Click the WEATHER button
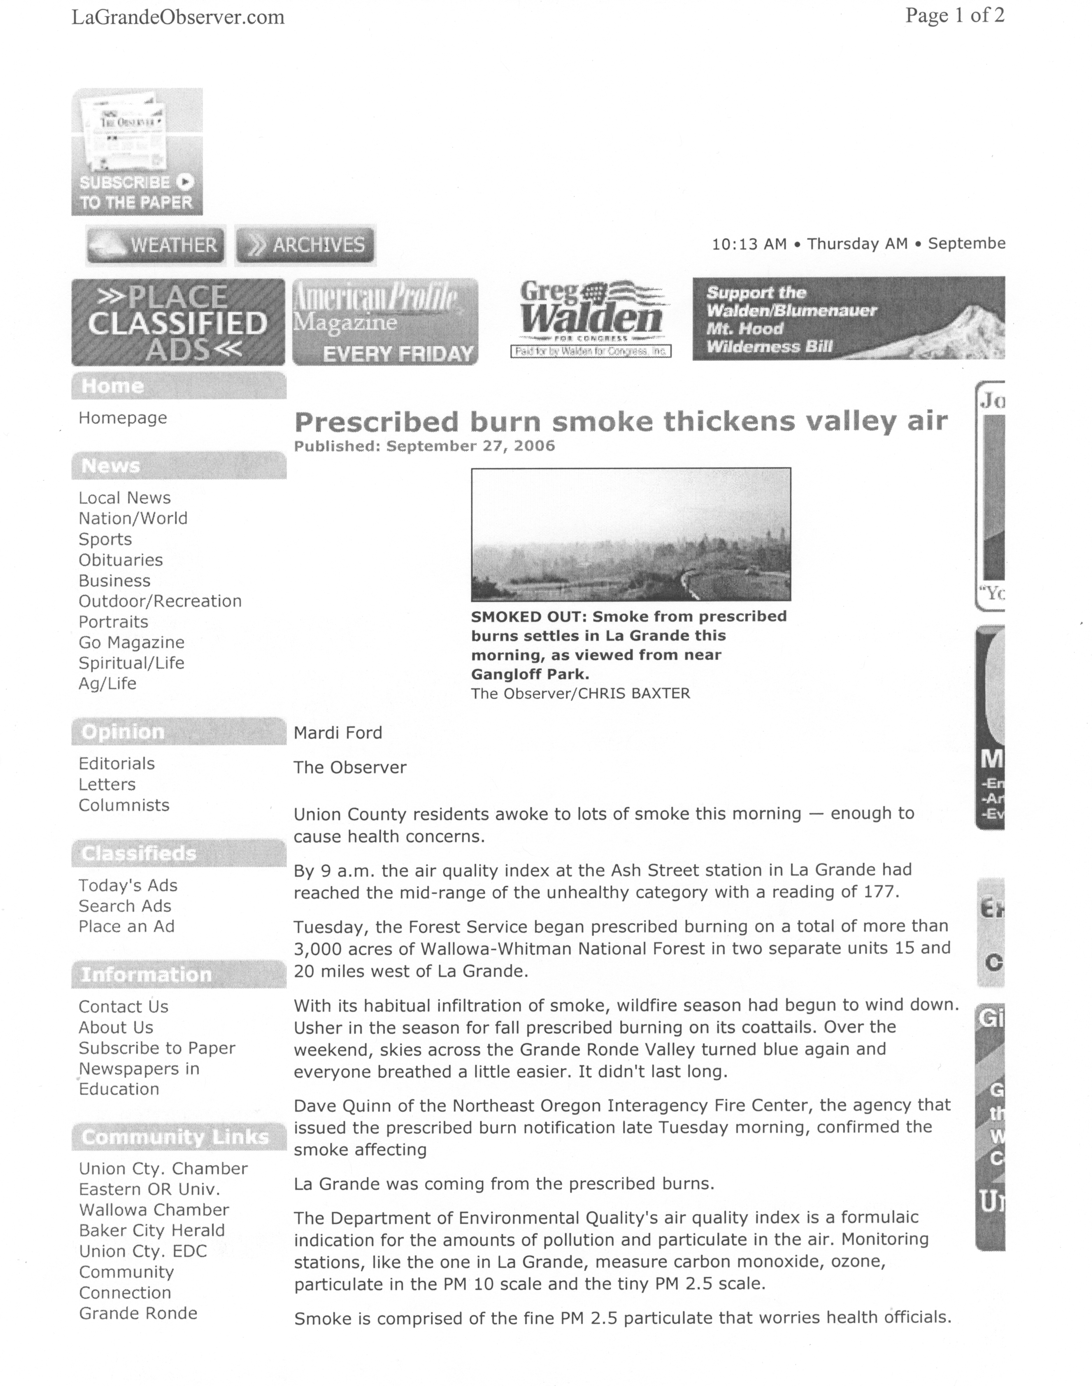coord(155,245)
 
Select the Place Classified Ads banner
coord(178,322)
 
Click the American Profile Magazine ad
coord(385,322)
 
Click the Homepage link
coord(123,418)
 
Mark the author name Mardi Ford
coord(338,733)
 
